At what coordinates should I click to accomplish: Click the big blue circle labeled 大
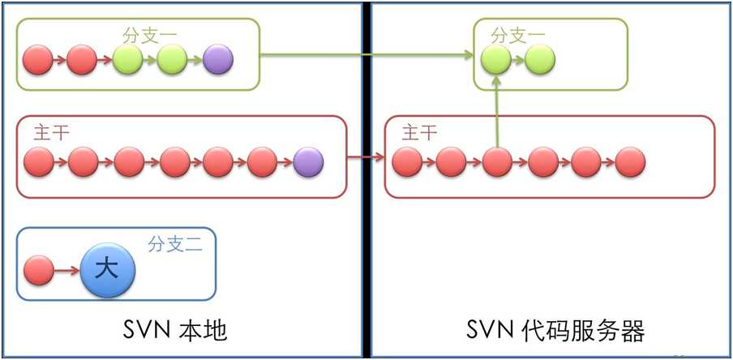108,270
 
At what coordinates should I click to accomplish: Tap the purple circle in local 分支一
218,59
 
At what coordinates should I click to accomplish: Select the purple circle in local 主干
309,162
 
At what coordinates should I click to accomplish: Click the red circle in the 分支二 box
39,270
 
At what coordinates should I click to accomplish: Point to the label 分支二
175,244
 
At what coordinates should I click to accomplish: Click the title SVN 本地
175,331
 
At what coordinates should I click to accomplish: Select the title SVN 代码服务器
555,331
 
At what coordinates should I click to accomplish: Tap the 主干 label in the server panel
419,133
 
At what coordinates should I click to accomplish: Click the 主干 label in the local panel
51,133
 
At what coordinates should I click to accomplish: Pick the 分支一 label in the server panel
518,35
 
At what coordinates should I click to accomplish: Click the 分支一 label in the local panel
150,35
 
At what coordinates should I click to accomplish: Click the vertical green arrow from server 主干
496,112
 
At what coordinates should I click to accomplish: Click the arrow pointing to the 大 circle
66,270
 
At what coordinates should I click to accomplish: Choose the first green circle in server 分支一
496,59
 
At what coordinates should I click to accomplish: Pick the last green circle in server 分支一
540,59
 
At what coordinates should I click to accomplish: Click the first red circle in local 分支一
38,59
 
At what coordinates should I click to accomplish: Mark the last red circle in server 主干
630,162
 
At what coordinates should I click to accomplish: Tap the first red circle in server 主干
407,162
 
